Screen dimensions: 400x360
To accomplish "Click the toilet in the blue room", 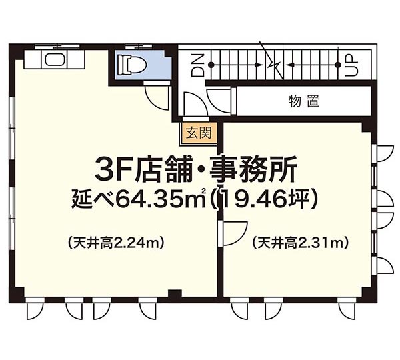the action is click(131, 65).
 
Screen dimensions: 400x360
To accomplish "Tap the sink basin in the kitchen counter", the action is click(55, 59).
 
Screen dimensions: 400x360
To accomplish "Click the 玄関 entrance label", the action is click(199, 133).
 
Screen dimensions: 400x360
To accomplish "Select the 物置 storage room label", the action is click(304, 101).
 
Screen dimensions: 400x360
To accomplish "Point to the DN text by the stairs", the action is click(198, 65).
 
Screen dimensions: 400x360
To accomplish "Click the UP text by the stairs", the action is click(352, 65).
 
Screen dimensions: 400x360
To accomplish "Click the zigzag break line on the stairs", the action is click(273, 61).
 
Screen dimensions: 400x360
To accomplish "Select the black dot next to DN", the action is click(211, 65).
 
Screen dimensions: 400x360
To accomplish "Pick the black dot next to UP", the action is click(338, 65).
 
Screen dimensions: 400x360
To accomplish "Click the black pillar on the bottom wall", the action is click(175, 293).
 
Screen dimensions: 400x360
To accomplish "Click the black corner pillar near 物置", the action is click(367, 127).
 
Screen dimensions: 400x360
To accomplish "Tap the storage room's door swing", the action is click(219, 101).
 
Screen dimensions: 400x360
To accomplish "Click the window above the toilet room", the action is click(139, 47).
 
